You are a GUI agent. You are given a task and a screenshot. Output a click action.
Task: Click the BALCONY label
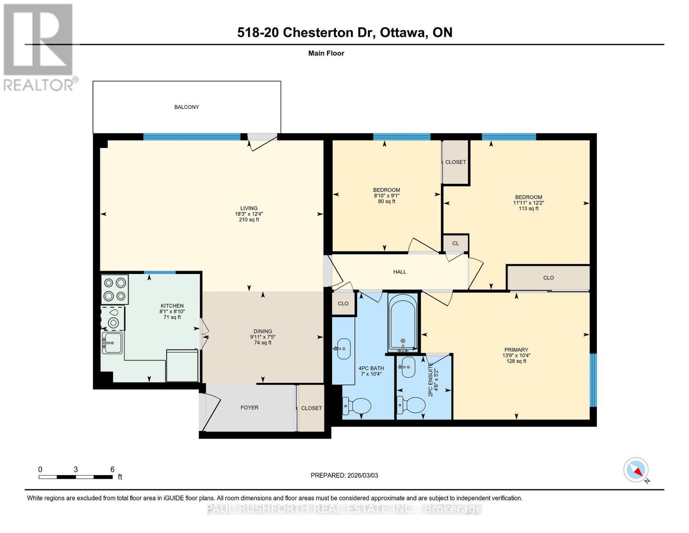(x=186, y=107)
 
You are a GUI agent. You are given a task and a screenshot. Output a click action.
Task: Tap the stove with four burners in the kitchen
(x=114, y=289)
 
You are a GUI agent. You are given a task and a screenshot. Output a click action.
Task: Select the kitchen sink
(x=112, y=343)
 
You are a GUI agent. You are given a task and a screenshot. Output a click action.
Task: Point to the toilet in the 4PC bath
(x=358, y=406)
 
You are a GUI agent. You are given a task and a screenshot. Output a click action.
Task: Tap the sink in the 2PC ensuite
(x=408, y=367)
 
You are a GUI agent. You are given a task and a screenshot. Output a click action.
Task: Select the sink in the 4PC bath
(x=343, y=348)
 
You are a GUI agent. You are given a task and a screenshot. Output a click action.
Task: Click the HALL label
(x=399, y=272)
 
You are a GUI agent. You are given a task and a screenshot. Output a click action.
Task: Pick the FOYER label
(x=249, y=407)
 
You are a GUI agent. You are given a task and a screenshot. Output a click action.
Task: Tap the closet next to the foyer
(x=311, y=408)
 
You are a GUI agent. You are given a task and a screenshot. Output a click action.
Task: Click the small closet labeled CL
(x=456, y=243)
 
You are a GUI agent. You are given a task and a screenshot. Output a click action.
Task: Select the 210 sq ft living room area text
(x=249, y=219)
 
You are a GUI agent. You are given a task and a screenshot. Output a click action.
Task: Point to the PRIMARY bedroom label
(x=516, y=350)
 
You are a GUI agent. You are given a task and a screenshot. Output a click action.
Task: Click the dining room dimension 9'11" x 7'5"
(x=263, y=337)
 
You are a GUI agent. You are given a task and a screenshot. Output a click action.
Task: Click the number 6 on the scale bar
(x=112, y=469)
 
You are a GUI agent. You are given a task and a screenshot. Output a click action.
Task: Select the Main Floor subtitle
(x=326, y=53)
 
